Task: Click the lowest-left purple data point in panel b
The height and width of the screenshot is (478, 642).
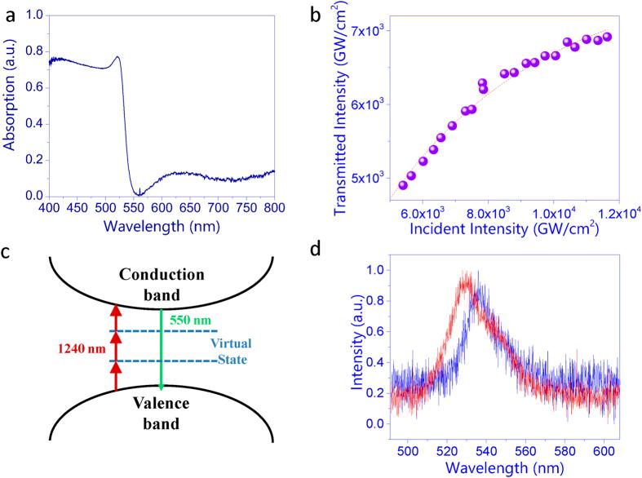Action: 403,185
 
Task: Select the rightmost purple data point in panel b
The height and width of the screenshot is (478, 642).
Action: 607,37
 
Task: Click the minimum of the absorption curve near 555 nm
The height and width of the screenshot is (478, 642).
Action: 139,194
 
